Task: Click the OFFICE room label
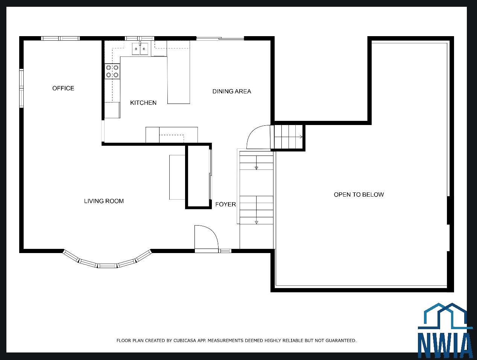coord(63,88)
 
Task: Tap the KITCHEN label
coord(143,103)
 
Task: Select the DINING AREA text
coord(232,92)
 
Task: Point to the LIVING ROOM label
coord(104,201)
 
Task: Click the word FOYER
coord(226,204)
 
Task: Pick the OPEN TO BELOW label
coord(359,194)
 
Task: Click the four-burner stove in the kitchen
coord(112,71)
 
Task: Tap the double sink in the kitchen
coord(140,49)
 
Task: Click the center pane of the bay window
coord(107,265)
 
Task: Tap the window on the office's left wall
coord(21,88)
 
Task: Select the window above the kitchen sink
coord(139,38)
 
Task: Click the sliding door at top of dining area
coord(220,39)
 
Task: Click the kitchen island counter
coord(178,72)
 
